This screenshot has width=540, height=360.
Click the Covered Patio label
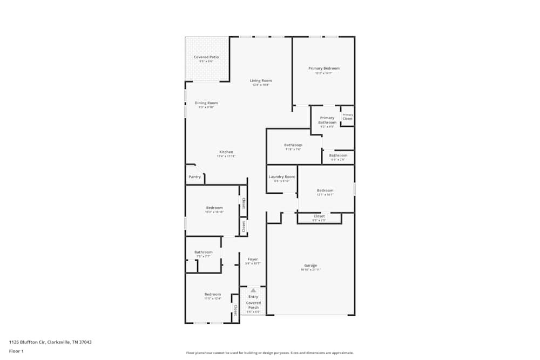[x=206, y=57]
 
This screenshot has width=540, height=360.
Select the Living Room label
[x=260, y=81]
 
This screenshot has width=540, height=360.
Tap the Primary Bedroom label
[x=324, y=69]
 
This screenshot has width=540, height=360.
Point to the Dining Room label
[x=206, y=103]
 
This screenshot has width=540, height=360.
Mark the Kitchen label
[x=226, y=152]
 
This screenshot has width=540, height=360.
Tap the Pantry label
[x=194, y=177]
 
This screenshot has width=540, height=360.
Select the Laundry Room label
[x=282, y=177]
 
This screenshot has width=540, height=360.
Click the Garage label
[x=310, y=266]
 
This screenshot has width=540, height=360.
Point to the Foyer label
[x=253, y=260]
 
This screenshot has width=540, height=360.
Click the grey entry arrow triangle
[x=253, y=290]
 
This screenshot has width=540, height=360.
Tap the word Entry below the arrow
[x=253, y=297]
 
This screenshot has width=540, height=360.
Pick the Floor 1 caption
[x=16, y=351]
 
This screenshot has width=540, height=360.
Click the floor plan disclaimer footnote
[x=270, y=353]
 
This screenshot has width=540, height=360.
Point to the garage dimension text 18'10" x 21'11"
[x=310, y=269]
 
